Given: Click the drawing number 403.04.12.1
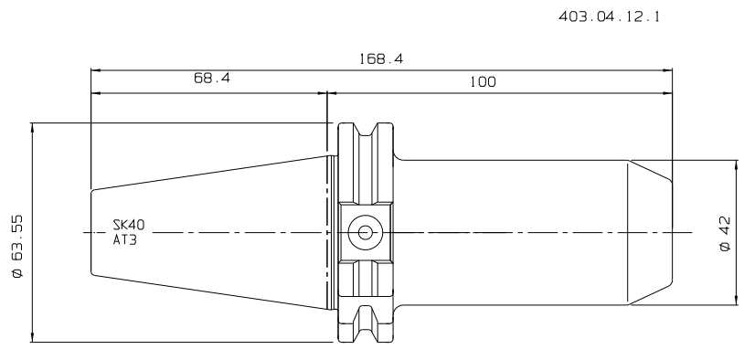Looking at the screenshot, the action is coord(609,16).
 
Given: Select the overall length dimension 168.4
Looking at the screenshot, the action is coord(381,58).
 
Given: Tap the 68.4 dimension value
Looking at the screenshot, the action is coord(212,78).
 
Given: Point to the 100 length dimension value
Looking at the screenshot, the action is coord(483,82).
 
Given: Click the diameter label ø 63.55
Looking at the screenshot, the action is coord(17,246).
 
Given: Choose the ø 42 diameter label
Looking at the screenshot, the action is coord(725,234).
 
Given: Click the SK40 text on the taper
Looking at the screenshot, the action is coord(129,225).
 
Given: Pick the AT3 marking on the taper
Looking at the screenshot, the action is coord(125,239).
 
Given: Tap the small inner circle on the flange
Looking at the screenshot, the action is coord(365,232).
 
